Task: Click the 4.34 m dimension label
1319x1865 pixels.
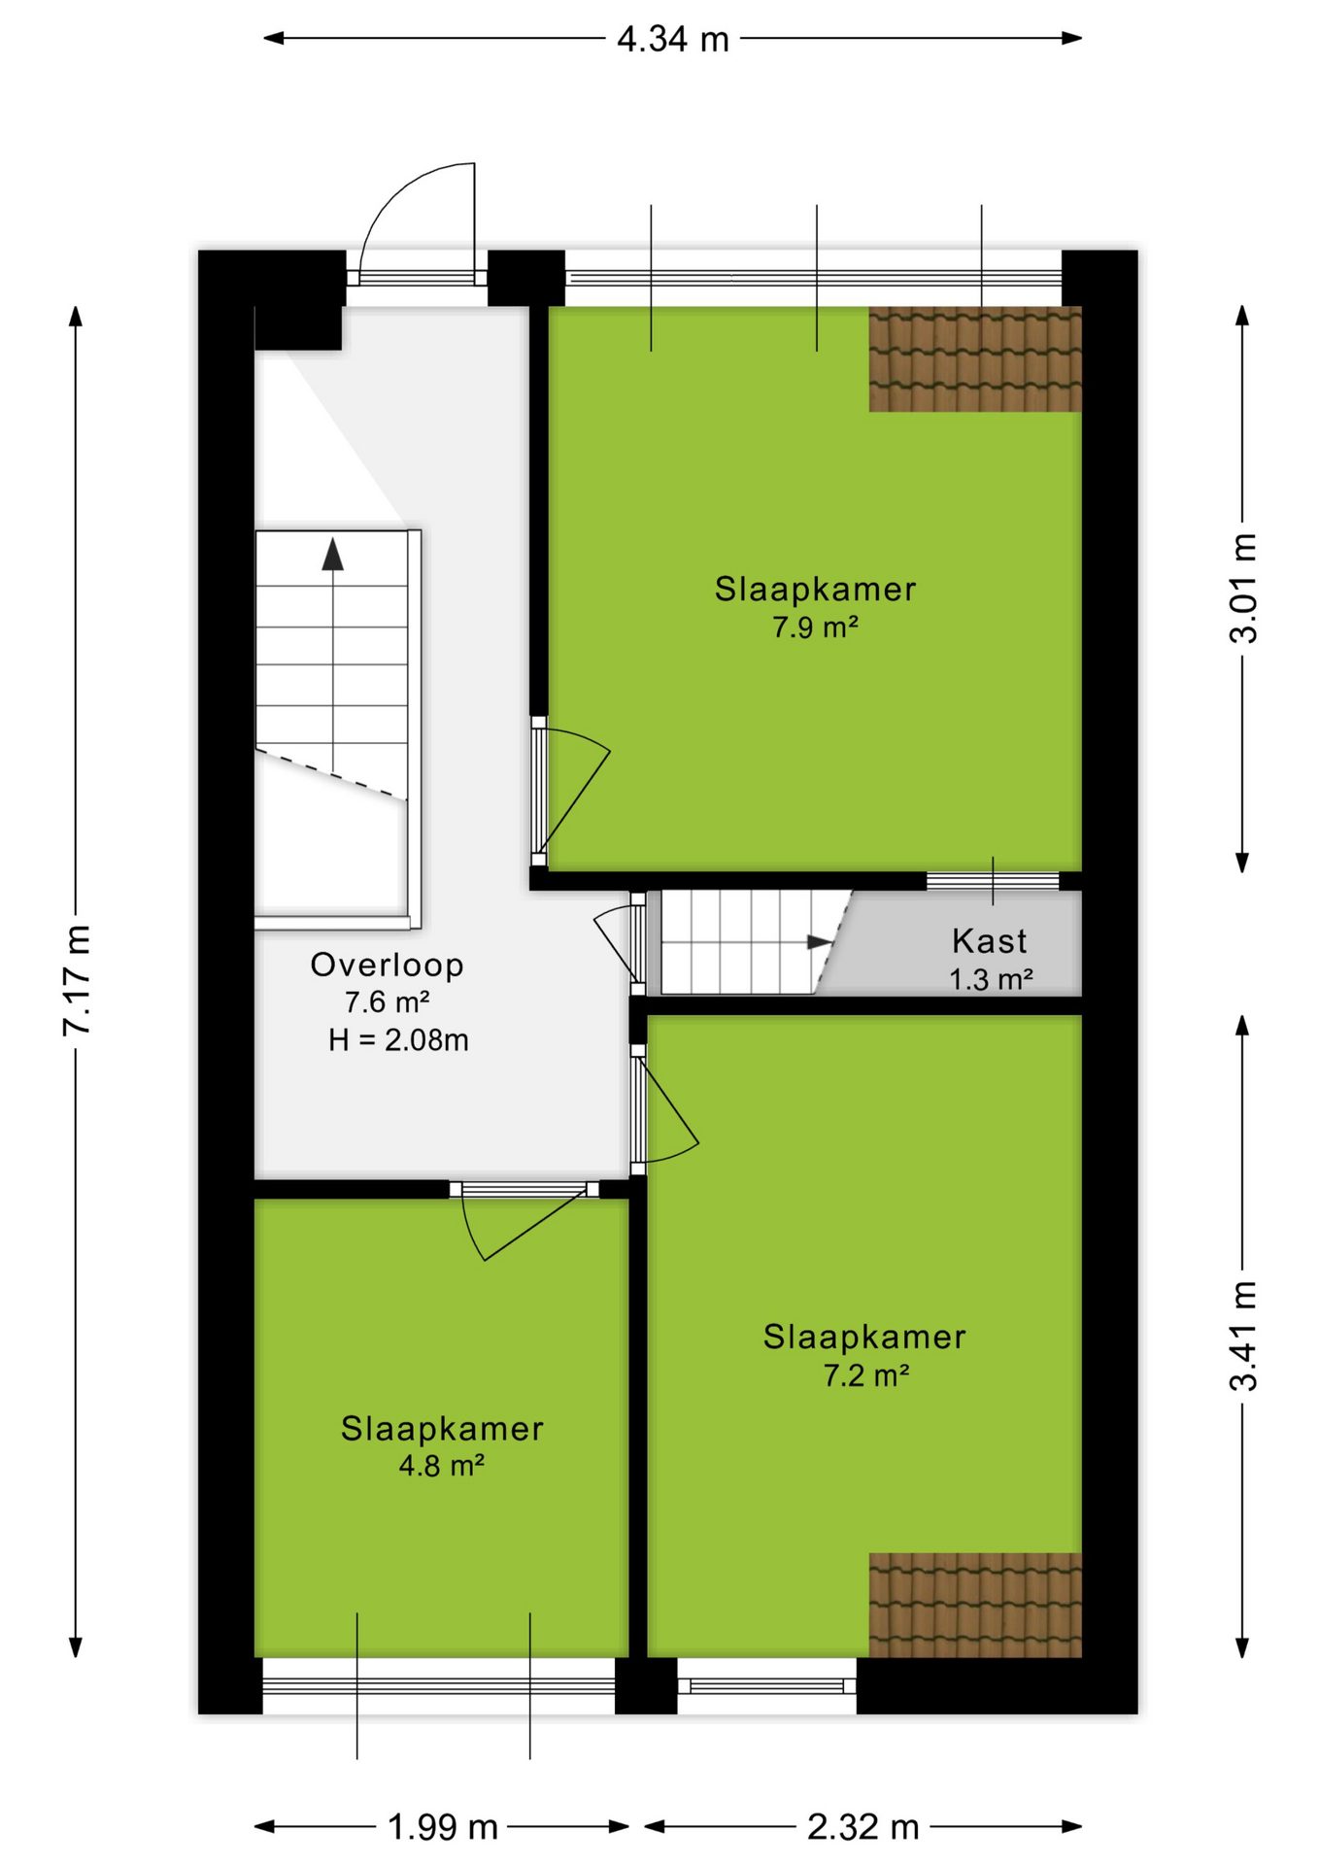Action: [x=673, y=40]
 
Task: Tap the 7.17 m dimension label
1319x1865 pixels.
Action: [x=77, y=980]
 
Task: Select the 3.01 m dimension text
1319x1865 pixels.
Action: [x=1243, y=589]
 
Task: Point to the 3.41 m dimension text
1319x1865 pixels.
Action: [x=1243, y=1336]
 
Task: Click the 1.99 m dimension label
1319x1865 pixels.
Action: [x=443, y=1827]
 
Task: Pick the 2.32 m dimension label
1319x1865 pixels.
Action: [x=863, y=1827]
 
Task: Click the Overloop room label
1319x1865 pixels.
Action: [x=387, y=965]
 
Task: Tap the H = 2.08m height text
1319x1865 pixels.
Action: [x=398, y=1040]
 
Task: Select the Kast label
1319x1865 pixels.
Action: [x=989, y=940]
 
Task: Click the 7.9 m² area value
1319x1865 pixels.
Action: [x=815, y=627]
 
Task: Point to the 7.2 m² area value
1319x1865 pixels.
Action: [x=866, y=1375]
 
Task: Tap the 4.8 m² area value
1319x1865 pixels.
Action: [x=442, y=1466]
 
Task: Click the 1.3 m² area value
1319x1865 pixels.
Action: [x=991, y=979]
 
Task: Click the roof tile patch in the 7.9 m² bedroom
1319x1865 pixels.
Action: [x=975, y=359]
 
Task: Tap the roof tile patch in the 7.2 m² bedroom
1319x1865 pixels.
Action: [x=975, y=1605]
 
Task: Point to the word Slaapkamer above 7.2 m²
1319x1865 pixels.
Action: [x=864, y=1338]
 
